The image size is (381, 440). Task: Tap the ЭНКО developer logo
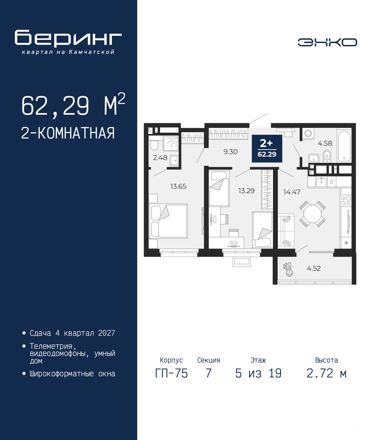pyautogui.click(x=327, y=42)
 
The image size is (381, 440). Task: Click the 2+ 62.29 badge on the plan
pyautogui.click(x=267, y=148)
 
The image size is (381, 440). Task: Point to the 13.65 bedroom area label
pyautogui.click(x=178, y=186)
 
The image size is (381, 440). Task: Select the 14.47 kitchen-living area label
pyautogui.click(x=292, y=192)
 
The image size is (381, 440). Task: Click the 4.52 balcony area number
pyautogui.click(x=313, y=268)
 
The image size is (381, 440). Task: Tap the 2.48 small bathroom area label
pyautogui.click(x=160, y=158)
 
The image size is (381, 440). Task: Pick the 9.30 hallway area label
pyautogui.click(x=230, y=152)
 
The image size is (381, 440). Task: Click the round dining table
pyautogui.click(x=312, y=214)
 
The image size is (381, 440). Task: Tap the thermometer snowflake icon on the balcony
pyautogui.click(x=288, y=270)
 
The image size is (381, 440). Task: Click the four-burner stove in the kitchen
pyautogui.click(x=346, y=200)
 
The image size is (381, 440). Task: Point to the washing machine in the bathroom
pyautogui.click(x=307, y=133)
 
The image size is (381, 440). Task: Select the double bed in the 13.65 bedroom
pyautogui.click(x=168, y=221)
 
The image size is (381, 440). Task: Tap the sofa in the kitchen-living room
pyautogui.click(x=286, y=231)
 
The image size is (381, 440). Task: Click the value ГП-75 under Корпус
pyautogui.click(x=171, y=373)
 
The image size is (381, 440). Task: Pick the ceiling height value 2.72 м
pyautogui.click(x=327, y=373)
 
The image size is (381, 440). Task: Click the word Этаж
pyautogui.click(x=258, y=360)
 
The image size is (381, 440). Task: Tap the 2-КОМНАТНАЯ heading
pyautogui.click(x=68, y=133)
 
